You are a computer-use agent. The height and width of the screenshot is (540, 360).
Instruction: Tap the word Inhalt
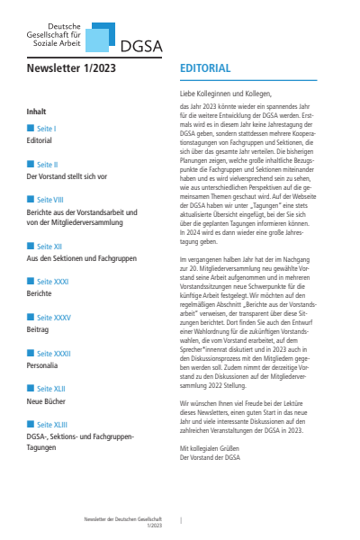point(37,112)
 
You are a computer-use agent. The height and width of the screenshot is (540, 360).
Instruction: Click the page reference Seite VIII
point(49,201)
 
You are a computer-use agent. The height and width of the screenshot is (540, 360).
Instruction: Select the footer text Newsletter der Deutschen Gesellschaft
point(121,519)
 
